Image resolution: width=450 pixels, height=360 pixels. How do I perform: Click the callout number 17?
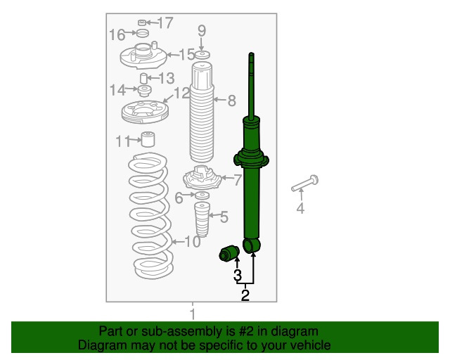pyautogui.click(x=166, y=22)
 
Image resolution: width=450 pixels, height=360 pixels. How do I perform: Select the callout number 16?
pyautogui.click(x=117, y=34)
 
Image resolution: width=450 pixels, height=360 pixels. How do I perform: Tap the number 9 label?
pyautogui.click(x=202, y=31)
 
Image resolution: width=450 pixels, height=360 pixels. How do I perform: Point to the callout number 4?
pyautogui.click(x=300, y=208)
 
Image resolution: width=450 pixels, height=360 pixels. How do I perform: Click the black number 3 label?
pyautogui.click(x=238, y=276)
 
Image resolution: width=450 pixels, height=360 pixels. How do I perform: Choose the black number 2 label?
pyautogui.click(x=245, y=295)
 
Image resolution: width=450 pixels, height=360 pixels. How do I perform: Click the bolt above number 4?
pyautogui.click(x=304, y=184)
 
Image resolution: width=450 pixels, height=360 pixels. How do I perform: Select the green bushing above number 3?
pyautogui.click(x=229, y=253)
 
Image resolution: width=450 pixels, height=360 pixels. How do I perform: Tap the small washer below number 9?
pyautogui.click(x=202, y=55)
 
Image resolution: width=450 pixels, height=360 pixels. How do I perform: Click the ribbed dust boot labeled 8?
pyautogui.click(x=202, y=112)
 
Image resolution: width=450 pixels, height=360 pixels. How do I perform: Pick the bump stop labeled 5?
pyautogui.click(x=202, y=219)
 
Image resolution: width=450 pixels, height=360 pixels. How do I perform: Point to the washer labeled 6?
pyautogui.click(x=202, y=195)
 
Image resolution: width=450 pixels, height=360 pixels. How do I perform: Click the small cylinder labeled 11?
pyautogui.click(x=148, y=139)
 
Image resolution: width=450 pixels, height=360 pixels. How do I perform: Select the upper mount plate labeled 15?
pyautogui.click(x=143, y=56)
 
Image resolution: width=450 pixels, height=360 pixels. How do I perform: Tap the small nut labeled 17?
pyautogui.click(x=142, y=22)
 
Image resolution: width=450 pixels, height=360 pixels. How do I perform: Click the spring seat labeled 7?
pyautogui.click(x=202, y=178)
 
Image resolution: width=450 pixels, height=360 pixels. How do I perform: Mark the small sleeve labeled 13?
pyautogui.click(x=143, y=78)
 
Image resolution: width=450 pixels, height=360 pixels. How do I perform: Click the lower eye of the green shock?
pyautogui.click(x=252, y=245)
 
